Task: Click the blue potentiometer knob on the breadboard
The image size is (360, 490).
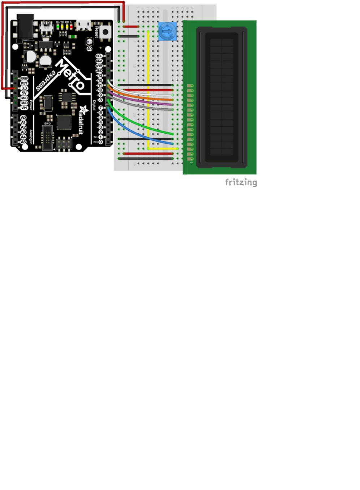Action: pos(167,31)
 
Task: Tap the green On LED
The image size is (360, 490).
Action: pos(58,27)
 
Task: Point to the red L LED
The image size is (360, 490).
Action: pos(71,27)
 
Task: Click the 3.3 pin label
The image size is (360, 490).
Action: pos(24,88)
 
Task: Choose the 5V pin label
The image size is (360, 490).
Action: pos(24,93)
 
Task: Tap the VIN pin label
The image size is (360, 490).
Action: pos(24,108)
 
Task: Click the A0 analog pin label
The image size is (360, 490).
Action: pos(23,118)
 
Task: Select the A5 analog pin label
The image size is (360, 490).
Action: pos(23,142)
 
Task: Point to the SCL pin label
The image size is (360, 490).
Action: pos(99,56)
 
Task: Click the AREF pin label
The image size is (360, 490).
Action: pos(99,66)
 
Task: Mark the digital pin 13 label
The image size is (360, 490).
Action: pos(100,76)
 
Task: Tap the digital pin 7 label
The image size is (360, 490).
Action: pos(100,108)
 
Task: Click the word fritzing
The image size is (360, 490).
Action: pos(241,182)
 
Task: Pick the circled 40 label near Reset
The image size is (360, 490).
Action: pos(89,49)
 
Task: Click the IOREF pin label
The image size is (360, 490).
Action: pos(24,78)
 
